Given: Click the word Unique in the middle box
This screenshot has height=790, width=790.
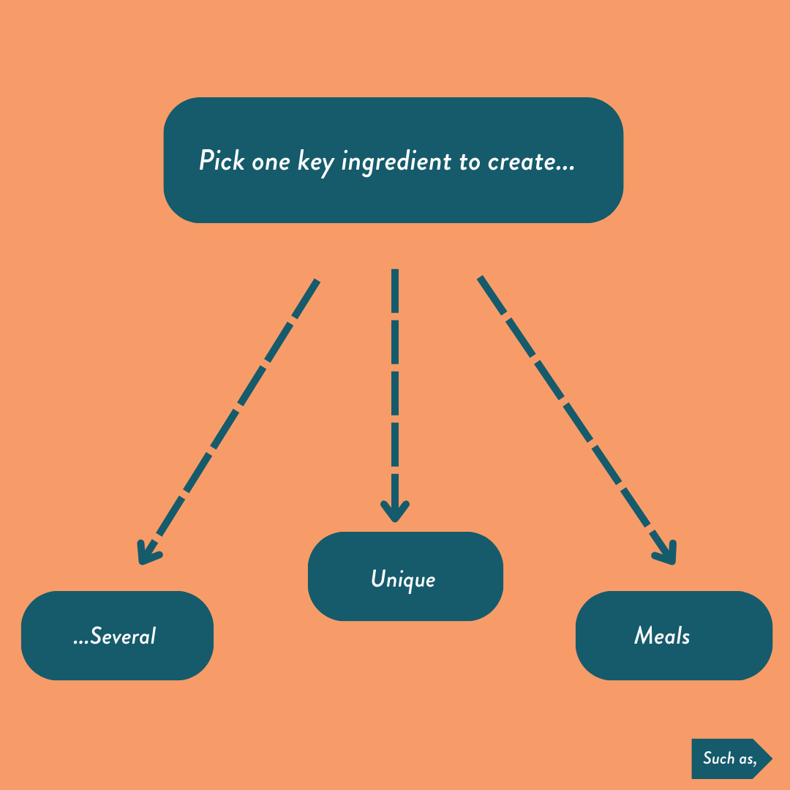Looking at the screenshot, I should pyautogui.click(x=403, y=579).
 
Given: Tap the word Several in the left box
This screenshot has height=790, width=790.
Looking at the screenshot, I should pyautogui.click(x=123, y=636).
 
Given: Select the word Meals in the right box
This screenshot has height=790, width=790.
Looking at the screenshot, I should pyautogui.click(x=662, y=636).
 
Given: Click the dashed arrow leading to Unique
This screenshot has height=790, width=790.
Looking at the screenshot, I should pyautogui.click(x=395, y=380).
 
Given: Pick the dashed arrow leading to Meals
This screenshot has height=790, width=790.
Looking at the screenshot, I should pyautogui.click(x=571, y=410).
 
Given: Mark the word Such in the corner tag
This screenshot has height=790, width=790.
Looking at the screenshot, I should pyautogui.click(x=718, y=758).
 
